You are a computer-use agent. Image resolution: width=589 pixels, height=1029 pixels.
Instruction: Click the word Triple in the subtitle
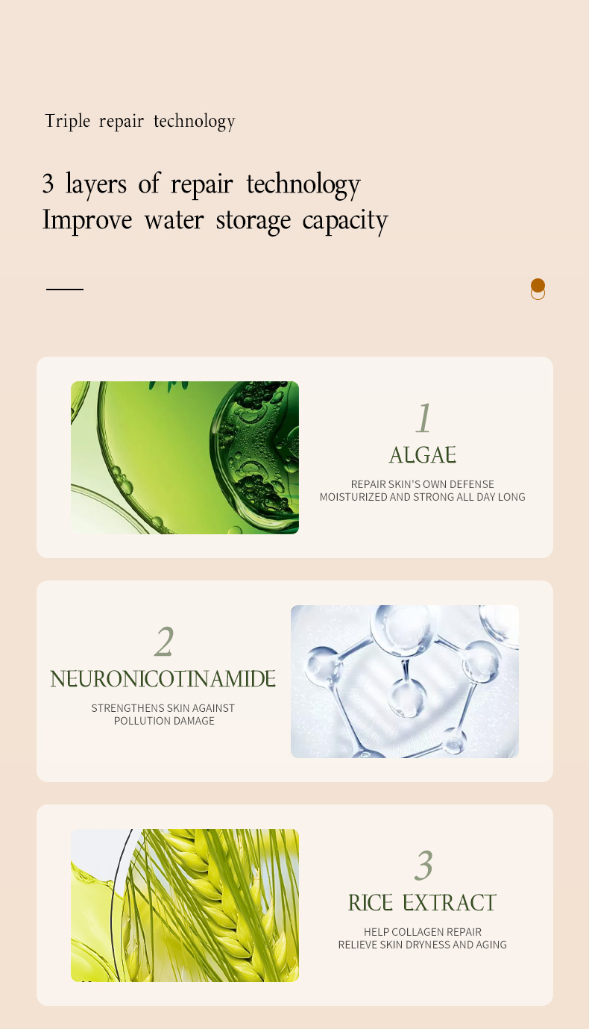68,122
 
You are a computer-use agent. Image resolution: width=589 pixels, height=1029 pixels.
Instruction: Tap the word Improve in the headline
87,220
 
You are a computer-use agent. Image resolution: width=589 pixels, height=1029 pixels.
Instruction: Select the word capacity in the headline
345,221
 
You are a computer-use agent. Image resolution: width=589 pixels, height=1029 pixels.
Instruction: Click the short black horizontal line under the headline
65,290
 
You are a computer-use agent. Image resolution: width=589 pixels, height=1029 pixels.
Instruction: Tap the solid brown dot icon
538,285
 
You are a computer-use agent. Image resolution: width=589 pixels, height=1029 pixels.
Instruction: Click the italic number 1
423,418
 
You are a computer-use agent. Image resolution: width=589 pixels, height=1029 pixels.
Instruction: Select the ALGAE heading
423,455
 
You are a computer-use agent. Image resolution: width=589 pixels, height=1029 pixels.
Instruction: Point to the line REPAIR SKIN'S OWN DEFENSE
422,484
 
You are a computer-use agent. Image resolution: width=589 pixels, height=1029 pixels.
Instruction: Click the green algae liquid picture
185,457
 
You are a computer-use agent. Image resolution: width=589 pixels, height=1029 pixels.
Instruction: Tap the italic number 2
164,642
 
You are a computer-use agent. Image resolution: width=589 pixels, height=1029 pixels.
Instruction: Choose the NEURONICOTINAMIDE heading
163,679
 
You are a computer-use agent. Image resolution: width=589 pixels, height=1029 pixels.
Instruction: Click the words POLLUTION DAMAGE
164,721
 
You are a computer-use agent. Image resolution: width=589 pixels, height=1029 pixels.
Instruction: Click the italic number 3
423,866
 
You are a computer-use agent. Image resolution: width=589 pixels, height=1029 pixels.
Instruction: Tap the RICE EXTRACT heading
422,903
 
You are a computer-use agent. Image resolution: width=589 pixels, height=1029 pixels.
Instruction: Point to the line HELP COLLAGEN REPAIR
422,932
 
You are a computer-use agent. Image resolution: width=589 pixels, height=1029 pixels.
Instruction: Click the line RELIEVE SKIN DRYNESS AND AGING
422,945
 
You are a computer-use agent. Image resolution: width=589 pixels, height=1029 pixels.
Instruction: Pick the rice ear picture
185,905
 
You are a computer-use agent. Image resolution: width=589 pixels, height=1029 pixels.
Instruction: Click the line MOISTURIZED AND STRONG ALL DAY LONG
422,496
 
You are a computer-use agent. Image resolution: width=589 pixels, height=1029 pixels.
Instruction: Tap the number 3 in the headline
48,184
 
